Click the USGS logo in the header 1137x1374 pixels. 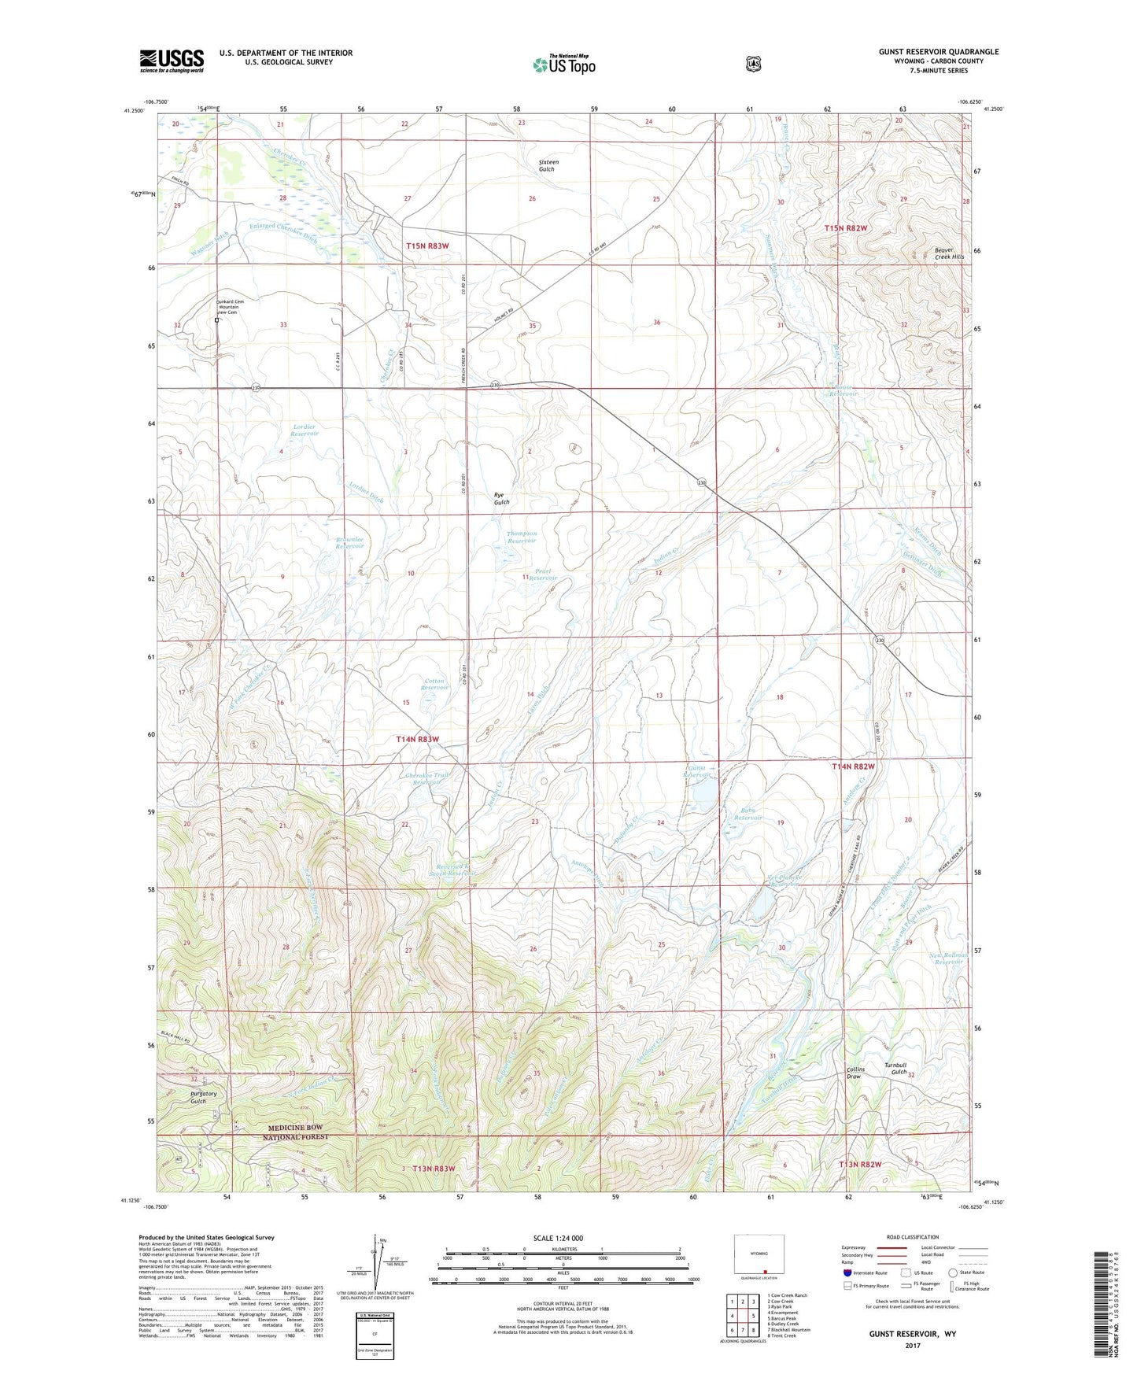click(172, 61)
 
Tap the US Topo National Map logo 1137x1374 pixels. click(563, 65)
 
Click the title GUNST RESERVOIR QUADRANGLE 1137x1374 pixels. click(938, 52)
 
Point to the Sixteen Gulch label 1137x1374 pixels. click(547, 165)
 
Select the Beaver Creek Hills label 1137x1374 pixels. click(948, 253)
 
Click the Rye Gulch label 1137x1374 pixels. click(501, 498)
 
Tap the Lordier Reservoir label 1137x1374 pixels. click(305, 430)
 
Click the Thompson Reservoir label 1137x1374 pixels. click(522, 537)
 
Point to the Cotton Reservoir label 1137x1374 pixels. click(434, 684)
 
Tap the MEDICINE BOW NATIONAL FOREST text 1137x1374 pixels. click(319, 1132)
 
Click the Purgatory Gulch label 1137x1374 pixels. click(197, 1097)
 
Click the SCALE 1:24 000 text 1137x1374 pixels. click(558, 1238)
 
